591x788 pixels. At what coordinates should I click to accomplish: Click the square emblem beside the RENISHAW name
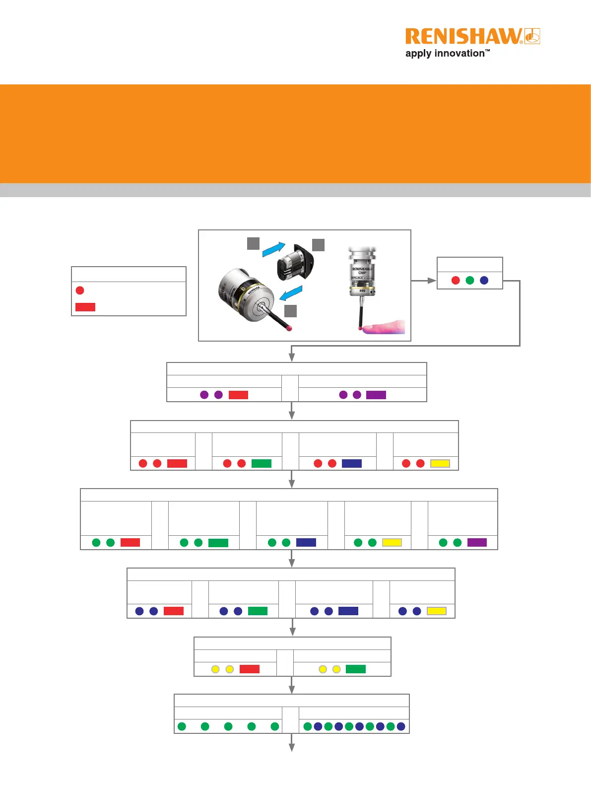tap(532, 36)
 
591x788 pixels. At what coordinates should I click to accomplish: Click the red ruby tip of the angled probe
tap(290, 328)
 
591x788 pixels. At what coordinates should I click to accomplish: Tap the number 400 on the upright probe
tap(362, 290)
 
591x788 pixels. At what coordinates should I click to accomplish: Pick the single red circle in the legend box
tap(80, 290)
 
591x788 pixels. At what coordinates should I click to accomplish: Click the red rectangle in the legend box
tap(85, 307)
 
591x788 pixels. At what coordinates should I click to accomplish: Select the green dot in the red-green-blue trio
tap(470, 281)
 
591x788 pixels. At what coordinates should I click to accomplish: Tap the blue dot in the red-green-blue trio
tap(484, 281)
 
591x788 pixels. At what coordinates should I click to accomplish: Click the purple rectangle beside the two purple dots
tap(376, 395)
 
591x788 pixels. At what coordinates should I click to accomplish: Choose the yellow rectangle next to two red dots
tap(440, 463)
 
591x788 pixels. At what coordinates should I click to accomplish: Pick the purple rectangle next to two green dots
tap(477, 543)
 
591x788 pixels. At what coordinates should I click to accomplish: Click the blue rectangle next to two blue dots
tap(348, 611)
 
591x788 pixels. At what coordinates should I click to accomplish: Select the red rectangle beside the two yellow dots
tap(250, 669)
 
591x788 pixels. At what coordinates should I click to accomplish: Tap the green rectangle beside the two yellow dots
tap(356, 669)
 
